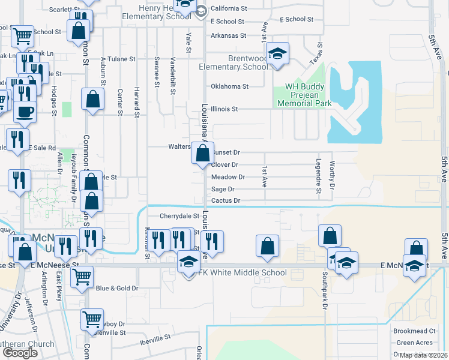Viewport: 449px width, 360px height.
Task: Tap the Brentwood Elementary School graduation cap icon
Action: click(x=278, y=54)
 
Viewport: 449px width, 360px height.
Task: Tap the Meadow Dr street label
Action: click(x=228, y=177)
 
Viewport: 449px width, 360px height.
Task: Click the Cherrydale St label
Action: click(x=179, y=216)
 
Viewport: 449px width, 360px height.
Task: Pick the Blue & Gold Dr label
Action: click(x=117, y=288)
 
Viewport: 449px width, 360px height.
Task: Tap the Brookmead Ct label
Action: click(x=414, y=331)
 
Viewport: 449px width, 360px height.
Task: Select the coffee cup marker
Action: click(x=25, y=112)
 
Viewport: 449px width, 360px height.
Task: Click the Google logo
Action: click(x=20, y=353)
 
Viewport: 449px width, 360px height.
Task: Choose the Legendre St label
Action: click(x=319, y=177)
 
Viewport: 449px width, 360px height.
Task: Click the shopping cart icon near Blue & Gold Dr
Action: click(x=82, y=277)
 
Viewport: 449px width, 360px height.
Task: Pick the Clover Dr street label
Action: click(x=225, y=164)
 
